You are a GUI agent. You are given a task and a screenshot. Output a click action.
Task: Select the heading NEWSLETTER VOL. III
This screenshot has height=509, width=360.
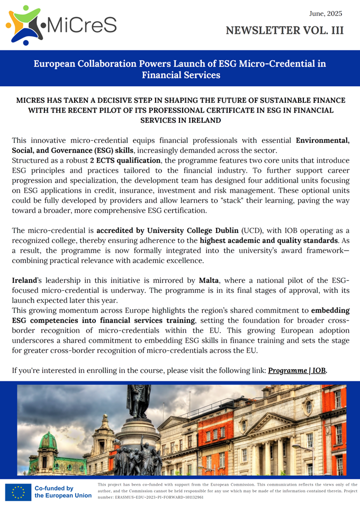pos(284,30)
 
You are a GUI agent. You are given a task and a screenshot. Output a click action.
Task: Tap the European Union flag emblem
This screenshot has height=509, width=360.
pos(17,492)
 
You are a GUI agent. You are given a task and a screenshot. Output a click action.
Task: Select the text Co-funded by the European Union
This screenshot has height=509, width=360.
pos(62,492)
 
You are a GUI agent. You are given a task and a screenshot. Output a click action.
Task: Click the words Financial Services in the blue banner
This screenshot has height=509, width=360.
pos(181,75)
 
